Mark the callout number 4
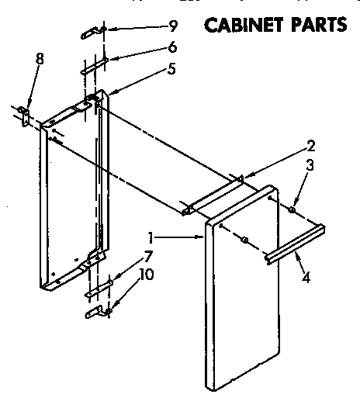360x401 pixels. pyautogui.click(x=307, y=275)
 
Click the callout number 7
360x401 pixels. pyautogui.click(x=147, y=255)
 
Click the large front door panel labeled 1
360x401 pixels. pyautogui.click(x=244, y=295)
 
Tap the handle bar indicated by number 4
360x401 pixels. pyautogui.click(x=295, y=243)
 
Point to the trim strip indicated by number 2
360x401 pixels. pyautogui.click(x=213, y=195)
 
